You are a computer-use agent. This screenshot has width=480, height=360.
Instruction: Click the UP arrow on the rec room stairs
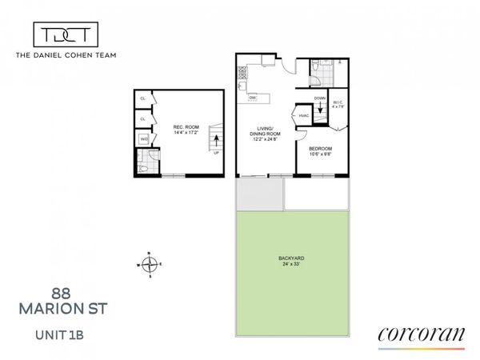pyautogui.click(x=214, y=145)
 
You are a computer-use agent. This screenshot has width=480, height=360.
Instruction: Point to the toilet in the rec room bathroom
pyautogui.click(x=141, y=167)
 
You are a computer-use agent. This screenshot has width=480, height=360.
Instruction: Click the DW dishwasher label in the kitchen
pyautogui.click(x=253, y=98)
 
